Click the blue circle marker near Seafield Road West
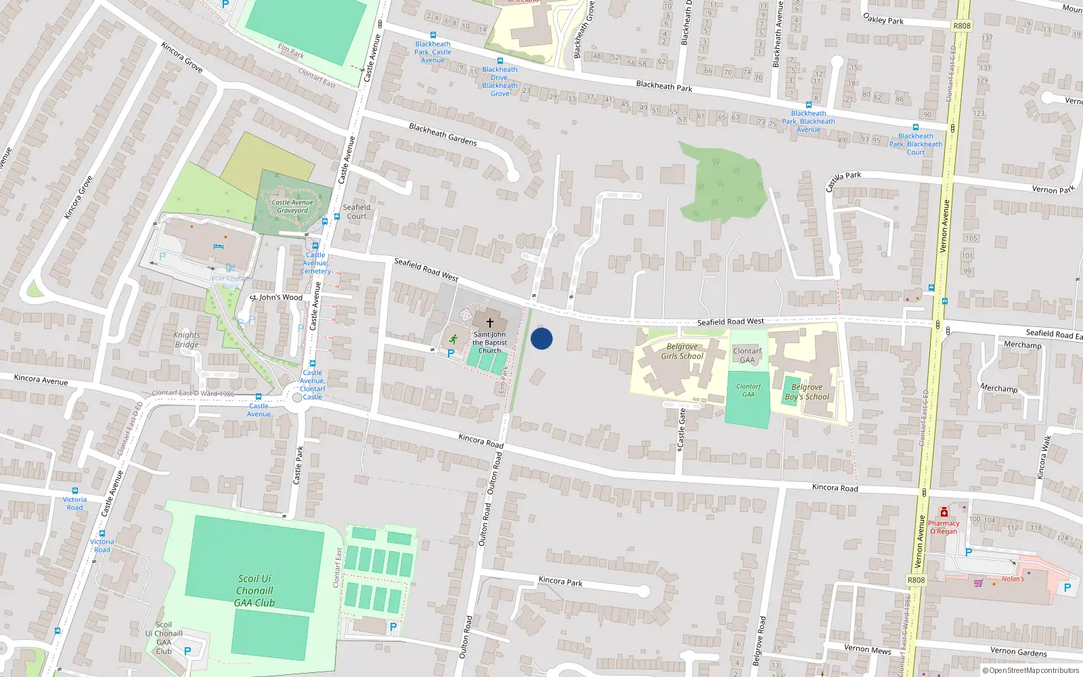pos(541,338)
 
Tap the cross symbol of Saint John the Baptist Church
pos(490,323)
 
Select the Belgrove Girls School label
pos(682,351)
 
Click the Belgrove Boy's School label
pos(807,392)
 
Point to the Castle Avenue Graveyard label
pos(292,206)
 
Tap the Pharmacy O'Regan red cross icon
pos(944,512)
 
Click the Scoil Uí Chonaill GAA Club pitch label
pos(255,590)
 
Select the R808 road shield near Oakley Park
pos(961,26)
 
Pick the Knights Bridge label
pos(187,339)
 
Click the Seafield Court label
pos(357,212)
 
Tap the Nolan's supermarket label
pos(1013,579)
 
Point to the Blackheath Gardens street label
pos(443,134)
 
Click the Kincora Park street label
pos(560,581)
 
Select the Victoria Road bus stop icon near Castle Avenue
pos(75,491)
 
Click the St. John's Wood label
pos(277,297)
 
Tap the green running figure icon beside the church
pos(454,338)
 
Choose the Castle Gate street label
pos(682,428)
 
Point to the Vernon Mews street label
pos(867,649)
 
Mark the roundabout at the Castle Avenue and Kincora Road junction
pos(296,398)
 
